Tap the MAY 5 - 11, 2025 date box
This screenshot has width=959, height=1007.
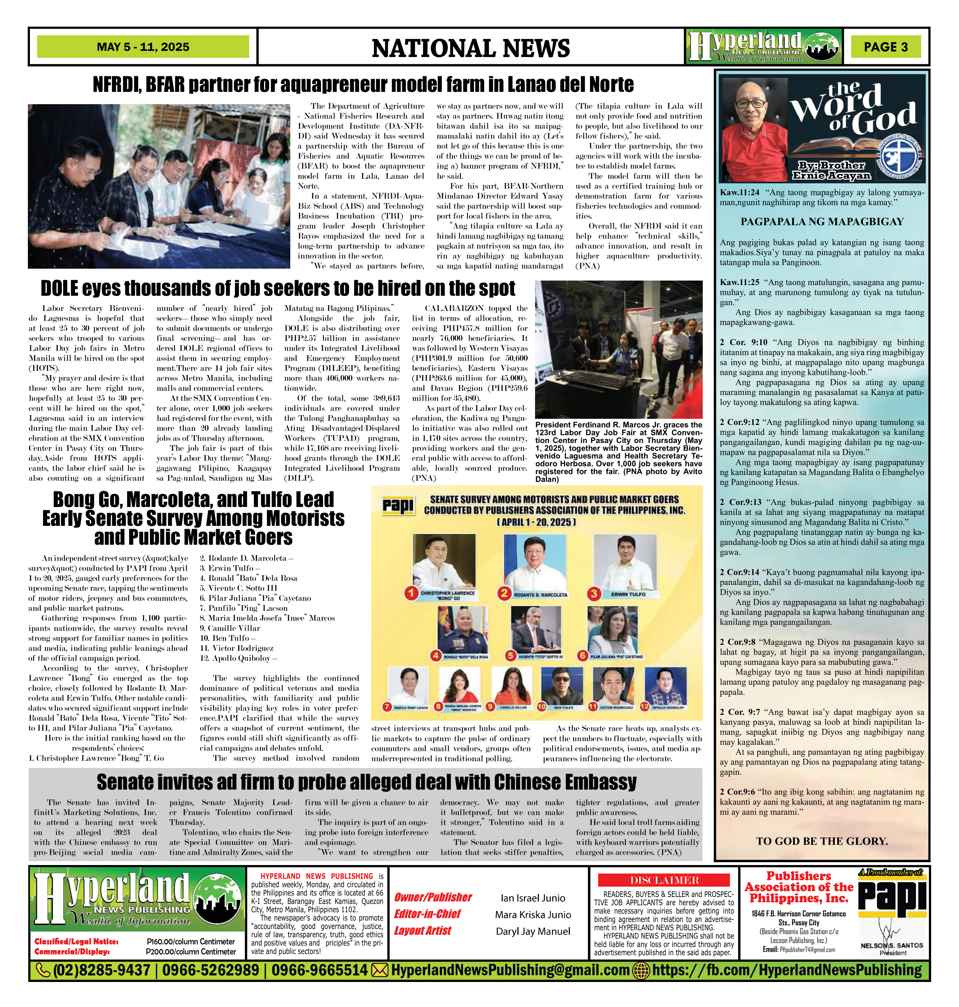[143, 47]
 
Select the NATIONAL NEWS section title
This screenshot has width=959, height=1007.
[470, 48]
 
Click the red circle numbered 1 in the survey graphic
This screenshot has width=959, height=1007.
[411, 593]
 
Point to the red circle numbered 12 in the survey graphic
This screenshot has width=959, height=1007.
[644, 706]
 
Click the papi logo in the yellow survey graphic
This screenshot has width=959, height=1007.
[398, 505]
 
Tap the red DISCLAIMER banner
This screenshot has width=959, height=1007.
[663, 880]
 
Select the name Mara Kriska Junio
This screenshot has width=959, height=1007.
[533, 914]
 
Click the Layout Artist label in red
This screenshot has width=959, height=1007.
[422, 931]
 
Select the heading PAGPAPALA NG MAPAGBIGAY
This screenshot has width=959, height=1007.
[822, 221]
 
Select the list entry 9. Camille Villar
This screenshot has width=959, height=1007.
[230, 628]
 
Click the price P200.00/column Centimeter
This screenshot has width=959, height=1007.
[191, 952]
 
